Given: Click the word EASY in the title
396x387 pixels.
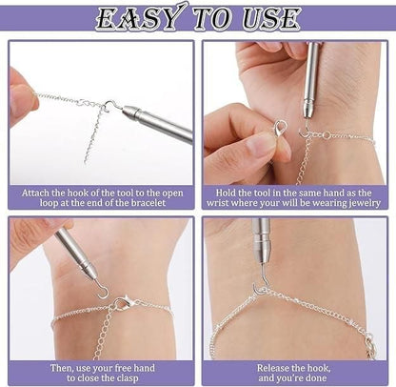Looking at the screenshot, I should [137, 17].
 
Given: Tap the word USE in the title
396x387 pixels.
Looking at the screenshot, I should [271, 17].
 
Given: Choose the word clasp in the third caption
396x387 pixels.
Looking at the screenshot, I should [132, 378].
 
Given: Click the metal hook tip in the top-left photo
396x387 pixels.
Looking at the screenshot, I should [110, 105].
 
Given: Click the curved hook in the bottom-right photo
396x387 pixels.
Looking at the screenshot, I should [259, 284].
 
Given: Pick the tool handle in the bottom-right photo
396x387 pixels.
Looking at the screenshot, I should [261, 238].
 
